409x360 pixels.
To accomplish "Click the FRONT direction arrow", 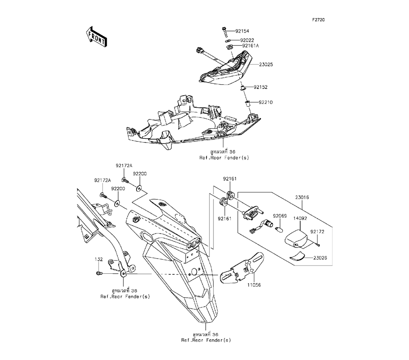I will point(96,36).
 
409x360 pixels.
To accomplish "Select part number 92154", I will point(242,31).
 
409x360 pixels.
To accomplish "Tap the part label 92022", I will point(247,40).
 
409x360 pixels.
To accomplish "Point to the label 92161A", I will point(251,46).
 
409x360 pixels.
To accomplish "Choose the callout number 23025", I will point(266,65).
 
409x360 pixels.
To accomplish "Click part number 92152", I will point(260,87).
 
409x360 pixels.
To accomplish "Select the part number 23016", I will point(303,197).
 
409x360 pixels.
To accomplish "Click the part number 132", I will point(99,259).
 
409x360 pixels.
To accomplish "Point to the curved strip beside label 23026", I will point(298,256).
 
